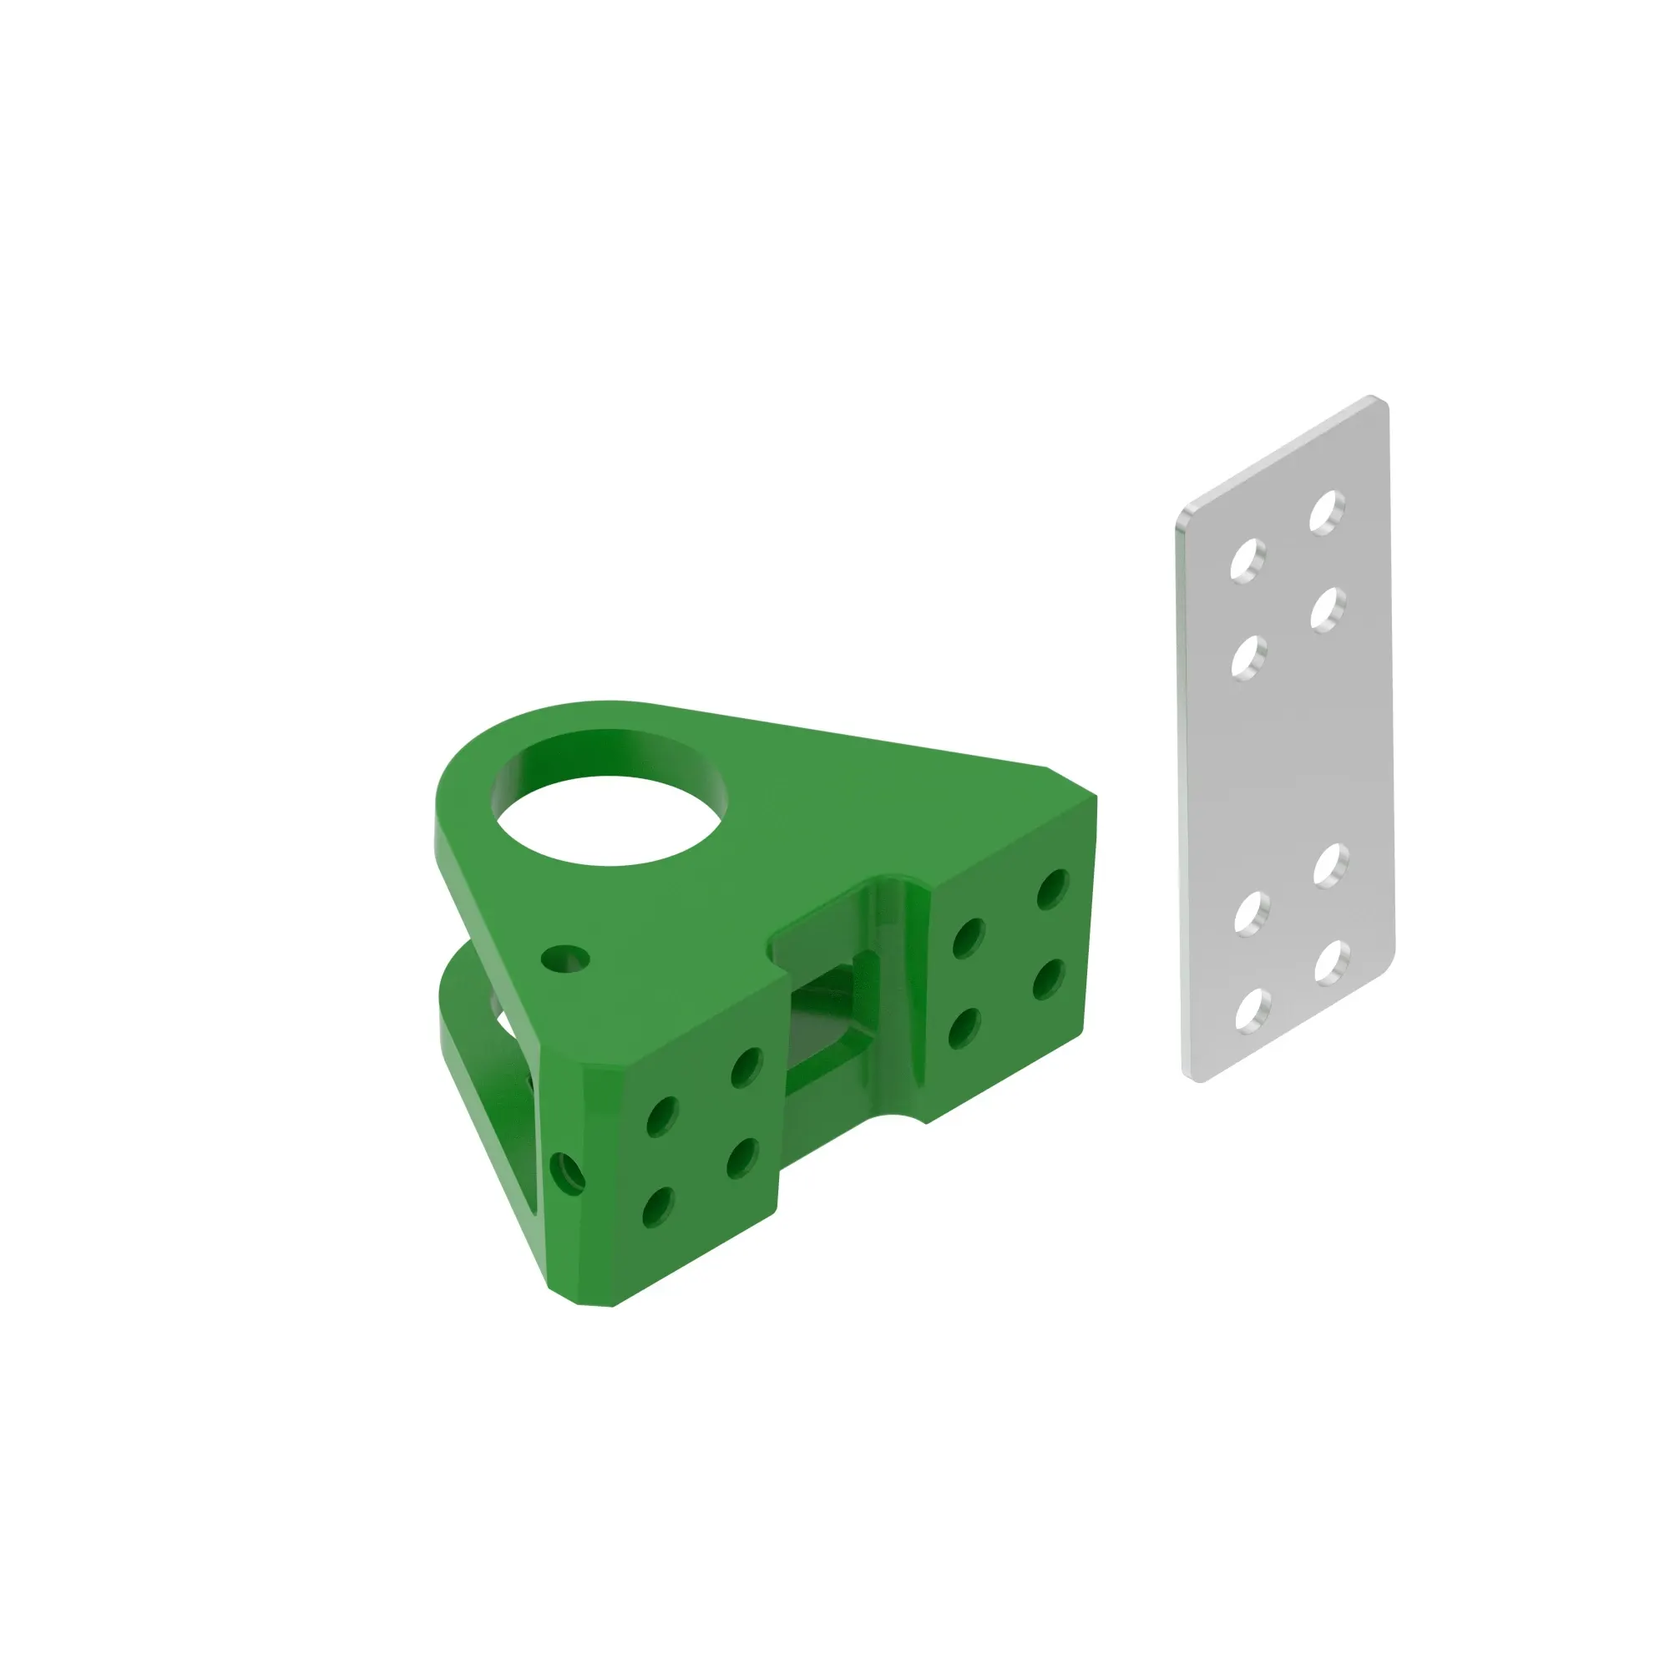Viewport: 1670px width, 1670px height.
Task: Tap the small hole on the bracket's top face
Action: pos(565,958)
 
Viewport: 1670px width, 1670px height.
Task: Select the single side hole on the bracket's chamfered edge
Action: pos(567,1174)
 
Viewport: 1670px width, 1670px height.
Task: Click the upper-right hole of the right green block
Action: pos(1053,889)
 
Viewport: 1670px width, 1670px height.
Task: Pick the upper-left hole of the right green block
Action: pos(968,939)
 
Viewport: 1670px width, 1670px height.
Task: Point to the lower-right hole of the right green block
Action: pos(1048,979)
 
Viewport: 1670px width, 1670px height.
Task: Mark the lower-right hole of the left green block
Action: pos(741,1158)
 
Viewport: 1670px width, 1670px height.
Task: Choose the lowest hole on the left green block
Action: pos(658,1207)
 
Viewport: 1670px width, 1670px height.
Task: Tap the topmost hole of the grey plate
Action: pos(1327,512)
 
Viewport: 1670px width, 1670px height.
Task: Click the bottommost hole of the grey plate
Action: pos(1252,1010)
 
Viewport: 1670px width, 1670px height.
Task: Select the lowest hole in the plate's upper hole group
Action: pos(1248,657)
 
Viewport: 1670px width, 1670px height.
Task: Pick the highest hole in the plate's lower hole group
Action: pos(1331,864)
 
